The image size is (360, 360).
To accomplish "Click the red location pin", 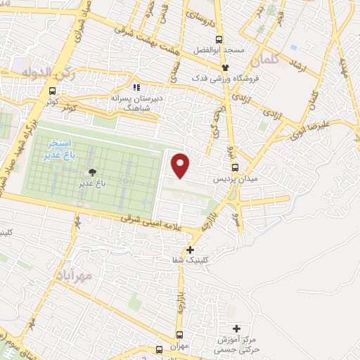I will (x=181, y=165).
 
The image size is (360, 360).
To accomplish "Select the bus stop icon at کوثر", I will (x=52, y=91).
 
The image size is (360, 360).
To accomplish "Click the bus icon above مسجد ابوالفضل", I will (x=219, y=39).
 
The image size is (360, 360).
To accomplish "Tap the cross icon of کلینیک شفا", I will (x=190, y=249).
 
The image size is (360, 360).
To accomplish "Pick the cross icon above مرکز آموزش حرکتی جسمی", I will (x=236, y=328).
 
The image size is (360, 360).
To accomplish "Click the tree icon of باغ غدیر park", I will (x=91, y=172).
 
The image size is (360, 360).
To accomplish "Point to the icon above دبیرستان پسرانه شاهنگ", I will (x=137, y=87).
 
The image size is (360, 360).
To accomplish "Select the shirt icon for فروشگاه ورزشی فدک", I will (x=225, y=67).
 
